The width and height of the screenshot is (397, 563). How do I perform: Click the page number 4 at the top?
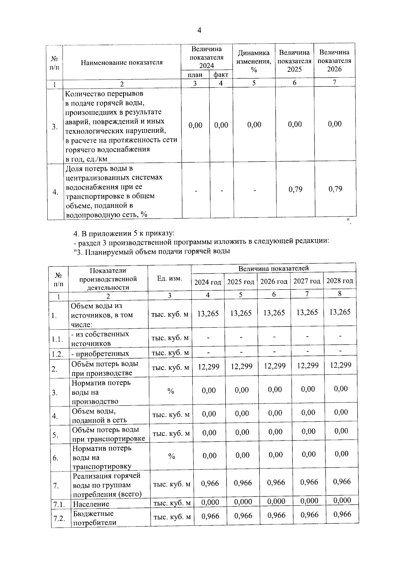(x=199, y=31)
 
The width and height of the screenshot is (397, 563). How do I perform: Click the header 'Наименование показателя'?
(x=122, y=63)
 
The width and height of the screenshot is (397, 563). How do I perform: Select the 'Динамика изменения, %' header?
(x=254, y=61)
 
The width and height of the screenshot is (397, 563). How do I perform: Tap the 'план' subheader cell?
(x=195, y=75)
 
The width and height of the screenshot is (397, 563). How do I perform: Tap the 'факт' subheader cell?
(x=221, y=74)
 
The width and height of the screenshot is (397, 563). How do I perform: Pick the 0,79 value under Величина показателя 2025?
(x=295, y=189)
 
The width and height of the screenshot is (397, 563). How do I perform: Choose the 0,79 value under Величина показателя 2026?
(x=335, y=189)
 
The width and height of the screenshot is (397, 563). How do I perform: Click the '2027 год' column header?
(x=307, y=281)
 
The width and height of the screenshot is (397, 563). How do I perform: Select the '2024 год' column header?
(x=207, y=282)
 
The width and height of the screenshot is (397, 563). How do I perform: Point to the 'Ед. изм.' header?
(x=169, y=278)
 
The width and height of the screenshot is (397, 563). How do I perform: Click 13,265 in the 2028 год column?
(x=340, y=312)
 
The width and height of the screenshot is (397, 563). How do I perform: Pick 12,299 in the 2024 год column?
(x=208, y=366)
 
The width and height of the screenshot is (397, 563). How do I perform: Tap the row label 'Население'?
(x=91, y=504)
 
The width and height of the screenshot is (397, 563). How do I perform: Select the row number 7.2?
(x=59, y=518)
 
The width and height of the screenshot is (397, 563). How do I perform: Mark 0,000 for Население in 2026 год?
(x=276, y=501)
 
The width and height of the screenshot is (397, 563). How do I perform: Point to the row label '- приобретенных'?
(x=100, y=354)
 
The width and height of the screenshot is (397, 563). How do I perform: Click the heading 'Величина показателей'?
(x=273, y=268)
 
